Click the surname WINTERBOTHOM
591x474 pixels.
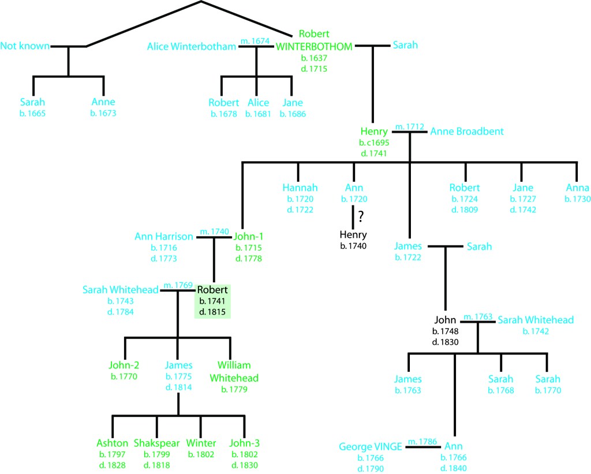click(x=314, y=46)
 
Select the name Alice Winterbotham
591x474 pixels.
click(x=192, y=46)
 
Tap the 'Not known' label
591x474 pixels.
click(x=25, y=46)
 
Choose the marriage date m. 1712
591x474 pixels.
click(x=409, y=126)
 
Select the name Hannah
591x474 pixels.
click(x=300, y=188)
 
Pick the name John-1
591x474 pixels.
click(x=248, y=236)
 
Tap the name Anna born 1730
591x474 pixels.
click(x=577, y=188)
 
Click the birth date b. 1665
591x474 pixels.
click(x=32, y=113)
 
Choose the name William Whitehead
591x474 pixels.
click(x=234, y=371)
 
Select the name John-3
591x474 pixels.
click(x=245, y=443)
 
